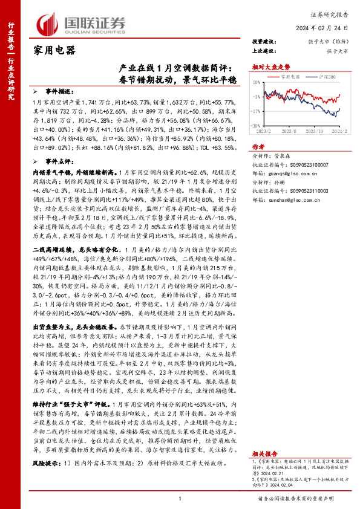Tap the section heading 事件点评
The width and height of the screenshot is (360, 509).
coord(60,161)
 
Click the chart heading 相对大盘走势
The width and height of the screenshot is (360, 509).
coord(273,67)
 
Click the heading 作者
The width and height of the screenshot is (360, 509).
coord(258,147)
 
